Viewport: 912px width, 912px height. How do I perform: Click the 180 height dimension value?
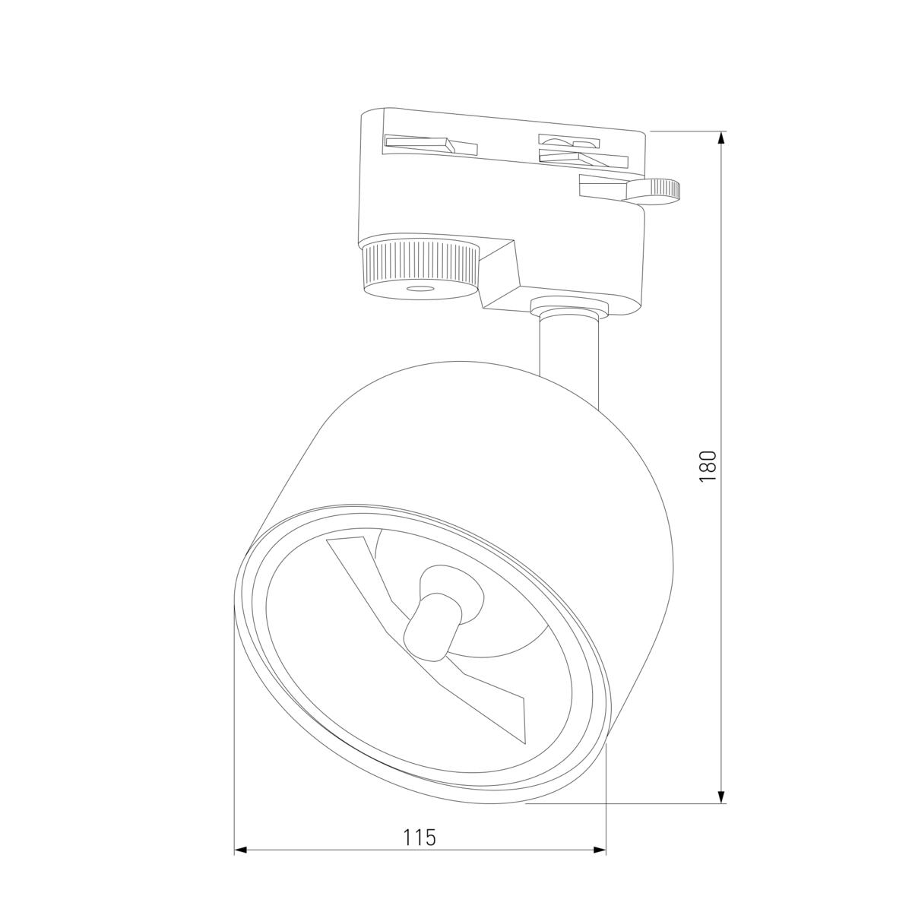708,466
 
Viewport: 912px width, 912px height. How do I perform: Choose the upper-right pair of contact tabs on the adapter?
581,150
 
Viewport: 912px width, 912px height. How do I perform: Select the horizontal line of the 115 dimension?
342,848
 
